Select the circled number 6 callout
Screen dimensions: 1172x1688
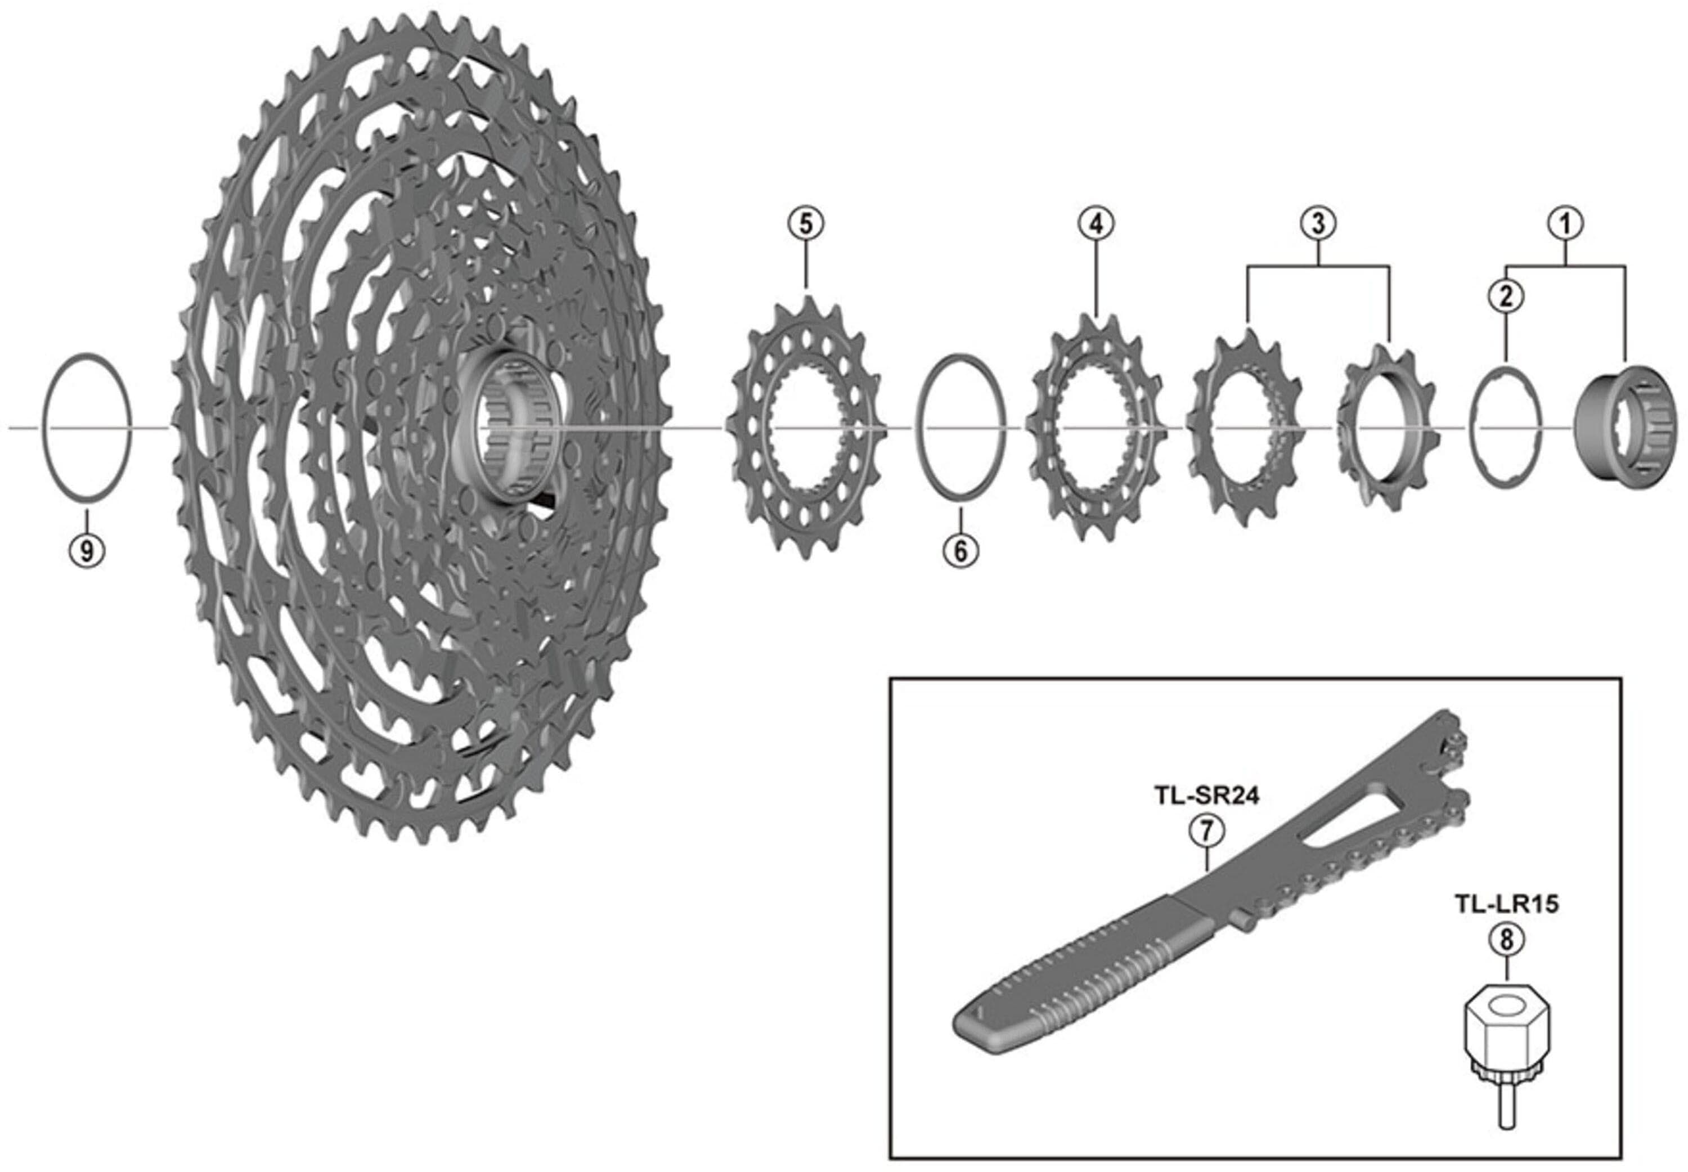click(x=960, y=550)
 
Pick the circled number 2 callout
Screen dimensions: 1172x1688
click(x=1506, y=297)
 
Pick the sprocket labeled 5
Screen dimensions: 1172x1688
click(x=806, y=360)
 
